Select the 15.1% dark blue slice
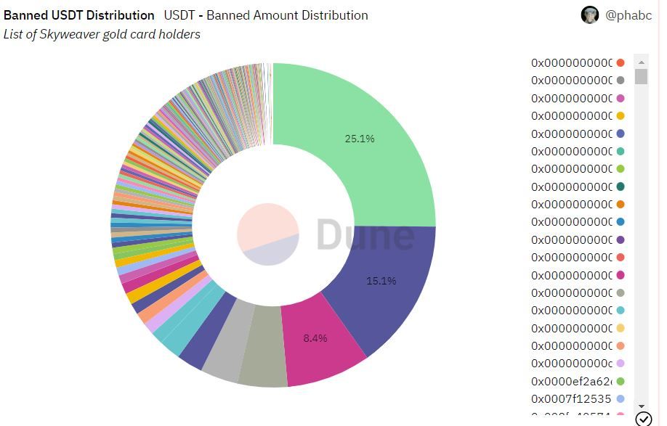click(385, 290)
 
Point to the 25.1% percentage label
click(360, 139)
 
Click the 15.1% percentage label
click(381, 281)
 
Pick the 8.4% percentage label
click(315, 338)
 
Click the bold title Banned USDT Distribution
click(79, 15)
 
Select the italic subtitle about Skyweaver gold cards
click(102, 34)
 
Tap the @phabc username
click(628, 15)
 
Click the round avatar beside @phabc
click(590, 15)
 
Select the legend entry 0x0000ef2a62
click(572, 382)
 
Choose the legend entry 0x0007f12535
click(572, 399)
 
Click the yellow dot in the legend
click(620, 116)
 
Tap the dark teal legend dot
click(620, 187)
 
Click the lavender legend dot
click(620, 364)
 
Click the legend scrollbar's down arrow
click(641, 406)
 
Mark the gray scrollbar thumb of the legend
click(641, 76)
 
